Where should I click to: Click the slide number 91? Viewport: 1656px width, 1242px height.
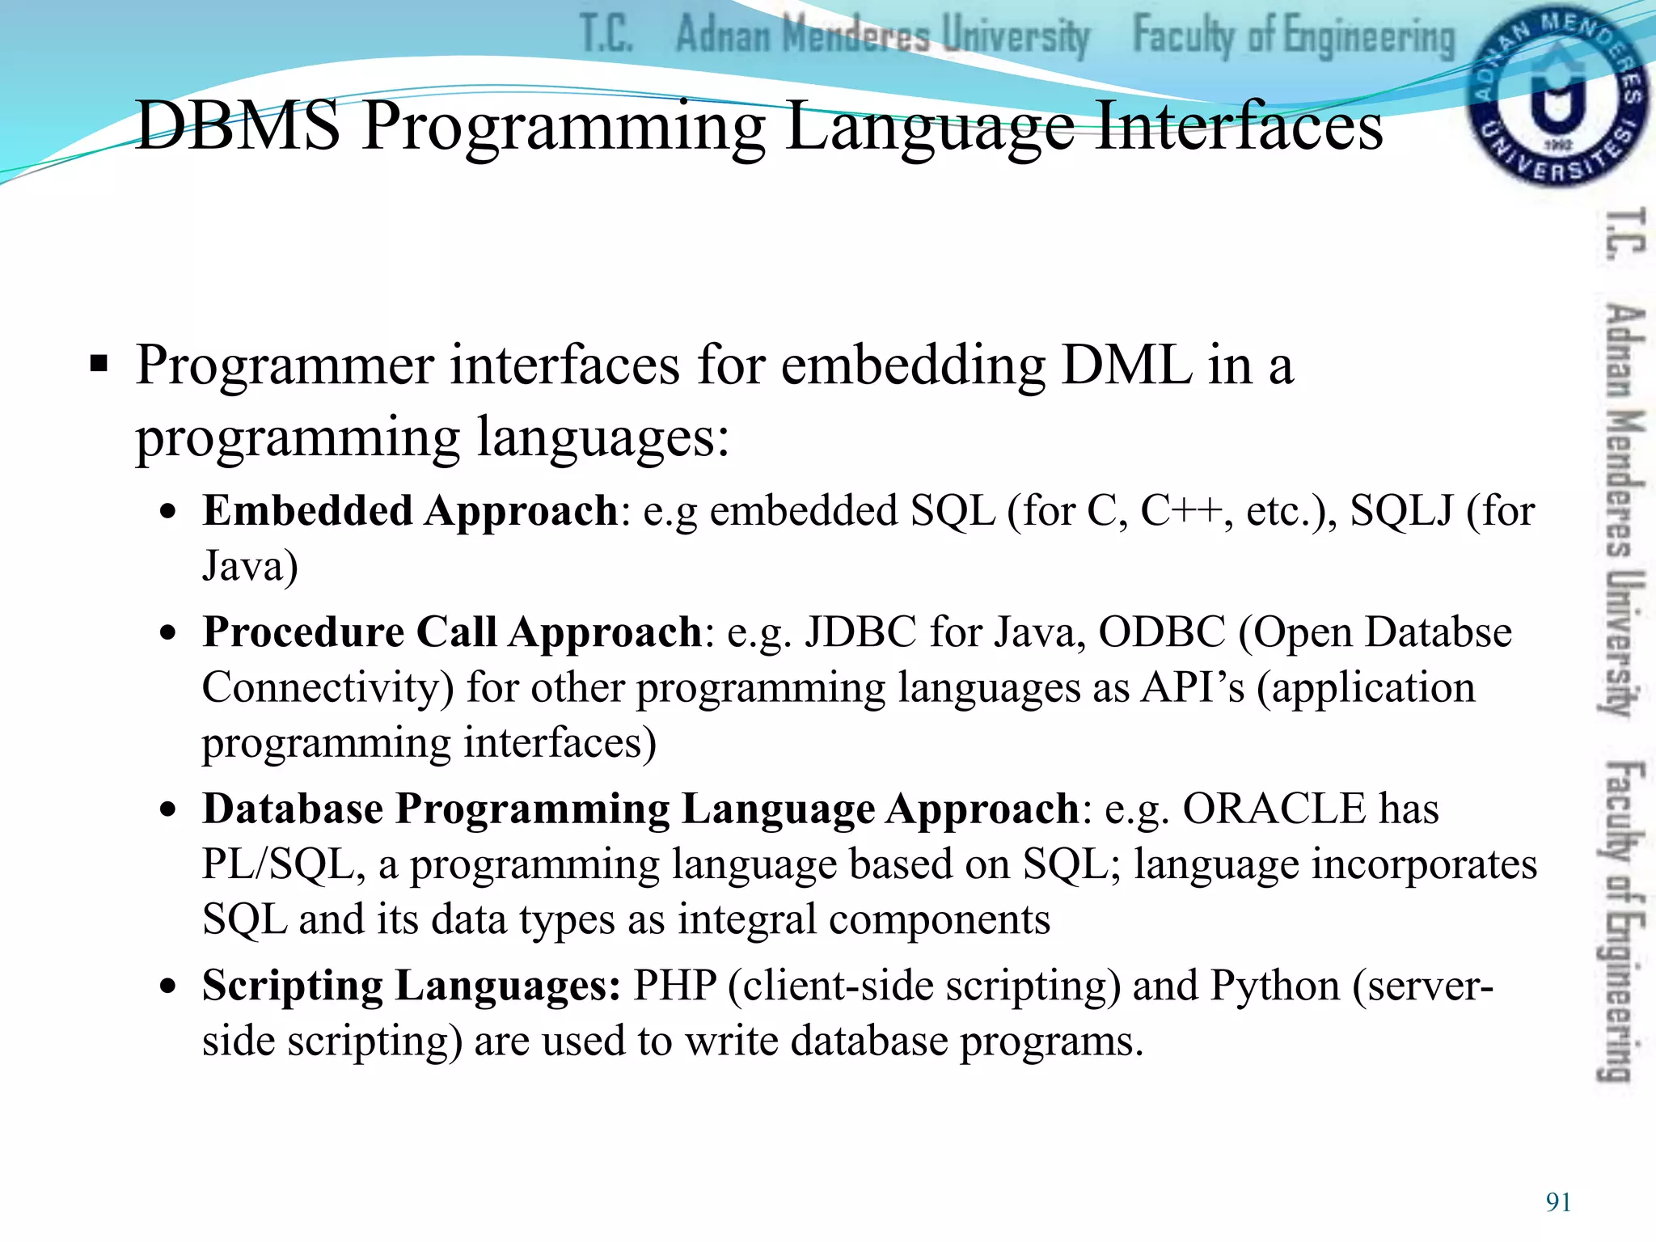click(x=1558, y=1202)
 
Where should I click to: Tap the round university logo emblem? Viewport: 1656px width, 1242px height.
click(x=1557, y=97)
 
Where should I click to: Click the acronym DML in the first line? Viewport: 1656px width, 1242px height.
click(x=1126, y=365)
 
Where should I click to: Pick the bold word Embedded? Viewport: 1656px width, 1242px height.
click(x=307, y=511)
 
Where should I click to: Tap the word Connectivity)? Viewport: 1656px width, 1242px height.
click(x=327, y=688)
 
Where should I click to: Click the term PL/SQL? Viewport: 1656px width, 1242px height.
click(x=278, y=864)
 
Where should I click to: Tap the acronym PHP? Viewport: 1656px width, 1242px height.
click(x=674, y=986)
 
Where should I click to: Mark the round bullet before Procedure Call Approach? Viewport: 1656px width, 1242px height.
click(x=167, y=633)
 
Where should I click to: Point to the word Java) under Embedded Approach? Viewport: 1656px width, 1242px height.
click(x=250, y=566)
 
